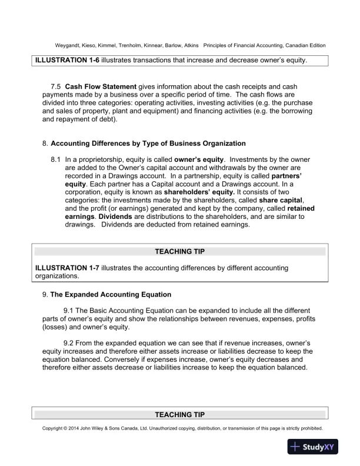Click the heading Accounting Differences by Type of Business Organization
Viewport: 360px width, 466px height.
click(x=148, y=144)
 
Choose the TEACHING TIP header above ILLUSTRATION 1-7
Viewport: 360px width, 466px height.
click(x=179, y=251)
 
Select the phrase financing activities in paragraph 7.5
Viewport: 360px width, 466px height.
click(x=217, y=111)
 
